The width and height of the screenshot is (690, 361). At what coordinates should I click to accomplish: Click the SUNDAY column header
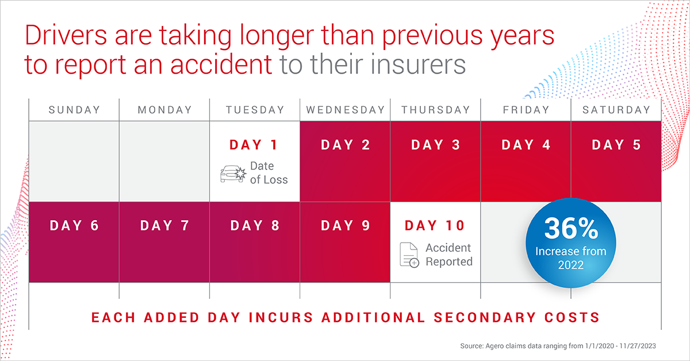pos(74,110)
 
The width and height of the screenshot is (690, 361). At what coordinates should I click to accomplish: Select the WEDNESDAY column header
pos(345,110)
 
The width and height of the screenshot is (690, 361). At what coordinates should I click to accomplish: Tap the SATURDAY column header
pos(616,110)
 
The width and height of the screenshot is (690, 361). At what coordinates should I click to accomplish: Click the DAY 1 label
pos(254,145)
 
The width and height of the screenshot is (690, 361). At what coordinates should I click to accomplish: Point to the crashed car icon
pos(233,173)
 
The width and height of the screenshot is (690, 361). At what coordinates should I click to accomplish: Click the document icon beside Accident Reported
pos(410,255)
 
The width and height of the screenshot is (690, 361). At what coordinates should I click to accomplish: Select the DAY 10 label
pos(435,226)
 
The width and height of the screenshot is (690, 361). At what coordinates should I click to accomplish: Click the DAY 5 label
pos(616,145)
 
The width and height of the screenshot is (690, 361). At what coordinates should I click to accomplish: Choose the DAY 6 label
pos(74,226)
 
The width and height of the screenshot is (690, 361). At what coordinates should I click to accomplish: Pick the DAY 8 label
pos(255,226)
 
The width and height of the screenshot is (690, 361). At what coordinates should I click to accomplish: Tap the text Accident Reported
pos(448,255)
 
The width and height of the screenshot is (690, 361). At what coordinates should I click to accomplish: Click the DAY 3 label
pos(435,145)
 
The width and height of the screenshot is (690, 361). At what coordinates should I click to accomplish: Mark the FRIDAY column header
pos(526,110)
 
